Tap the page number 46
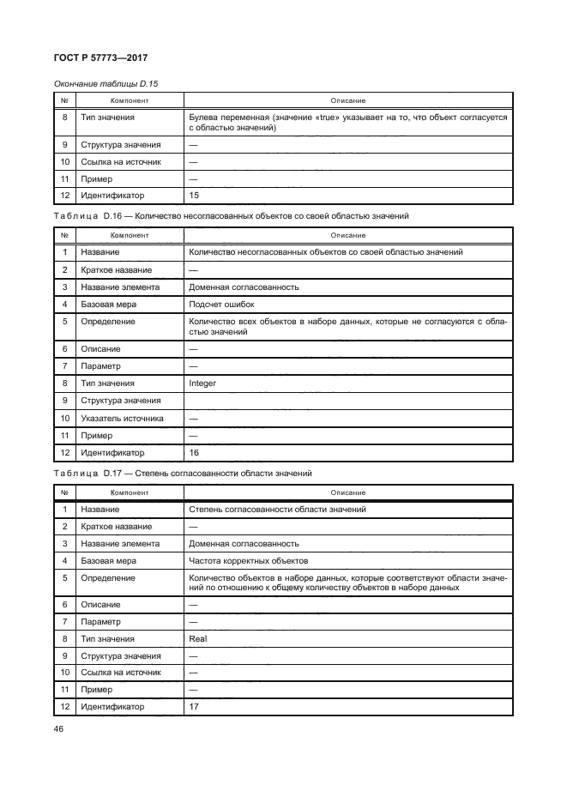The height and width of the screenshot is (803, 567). pos(60,728)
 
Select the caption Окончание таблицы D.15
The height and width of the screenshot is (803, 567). pos(106,83)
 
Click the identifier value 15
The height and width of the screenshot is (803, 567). pos(193,196)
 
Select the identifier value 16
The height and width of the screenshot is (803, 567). pos(193,453)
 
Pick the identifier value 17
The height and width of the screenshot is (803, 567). pos(193,708)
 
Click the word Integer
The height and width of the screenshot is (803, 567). pos(202,383)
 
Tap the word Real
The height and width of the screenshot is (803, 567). pos(197,639)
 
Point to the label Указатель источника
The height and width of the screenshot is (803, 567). pos(121,419)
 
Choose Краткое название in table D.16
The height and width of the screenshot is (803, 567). pos(116,269)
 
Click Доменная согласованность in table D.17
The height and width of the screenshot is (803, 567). pos(244,544)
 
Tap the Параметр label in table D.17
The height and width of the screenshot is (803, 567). pos(102,622)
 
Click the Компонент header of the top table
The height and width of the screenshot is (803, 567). pos(129,100)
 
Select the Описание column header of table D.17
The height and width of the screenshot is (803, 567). pos(347,492)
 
